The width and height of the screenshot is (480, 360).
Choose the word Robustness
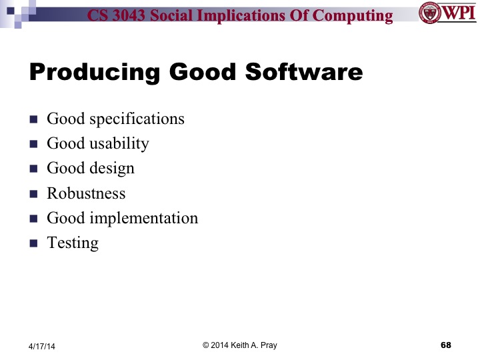(86, 193)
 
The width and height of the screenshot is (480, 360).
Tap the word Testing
(73, 243)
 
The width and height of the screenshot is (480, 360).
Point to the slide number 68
(446, 345)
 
